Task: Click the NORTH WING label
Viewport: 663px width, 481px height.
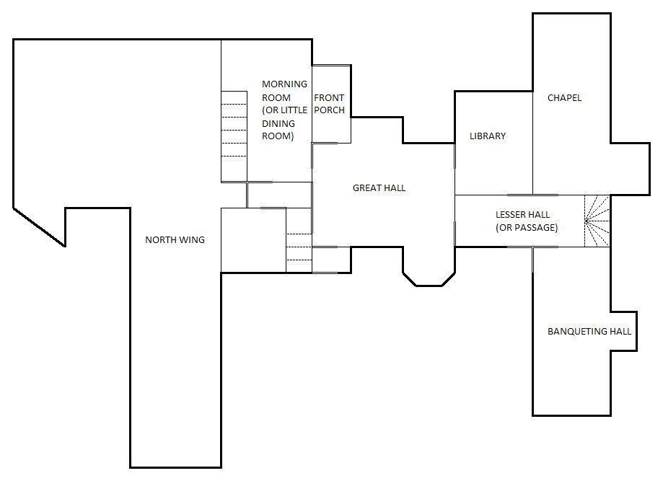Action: pyautogui.click(x=175, y=239)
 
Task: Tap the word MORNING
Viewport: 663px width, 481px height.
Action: pyautogui.click(x=284, y=84)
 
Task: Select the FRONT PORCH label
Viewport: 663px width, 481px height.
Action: pyautogui.click(x=329, y=104)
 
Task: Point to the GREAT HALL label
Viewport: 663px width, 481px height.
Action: pyautogui.click(x=379, y=187)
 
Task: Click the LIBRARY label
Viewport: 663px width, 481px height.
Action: pyautogui.click(x=488, y=136)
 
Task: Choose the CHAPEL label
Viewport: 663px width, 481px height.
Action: pyautogui.click(x=564, y=97)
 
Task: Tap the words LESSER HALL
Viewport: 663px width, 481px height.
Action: pyautogui.click(x=522, y=214)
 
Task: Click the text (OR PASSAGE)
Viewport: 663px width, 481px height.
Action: pyautogui.click(x=527, y=227)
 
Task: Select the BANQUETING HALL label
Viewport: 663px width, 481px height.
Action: pyautogui.click(x=589, y=332)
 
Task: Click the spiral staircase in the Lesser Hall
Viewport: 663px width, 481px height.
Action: pyautogui.click(x=597, y=221)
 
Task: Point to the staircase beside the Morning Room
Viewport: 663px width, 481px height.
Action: pyautogui.click(x=234, y=136)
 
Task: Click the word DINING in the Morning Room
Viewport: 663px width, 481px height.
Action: pyautogui.click(x=278, y=123)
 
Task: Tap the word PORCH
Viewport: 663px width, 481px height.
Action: pyautogui.click(x=330, y=110)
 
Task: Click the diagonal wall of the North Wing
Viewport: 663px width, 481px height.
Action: pyautogui.click(x=40, y=227)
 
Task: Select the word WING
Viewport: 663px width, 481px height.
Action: pyautogui.click(x=193, y=239)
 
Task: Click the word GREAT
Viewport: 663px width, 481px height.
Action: pyautogui.click(x=366, y=187)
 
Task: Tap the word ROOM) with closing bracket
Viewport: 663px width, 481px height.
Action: pyautogui.click(x=278, y=136)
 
